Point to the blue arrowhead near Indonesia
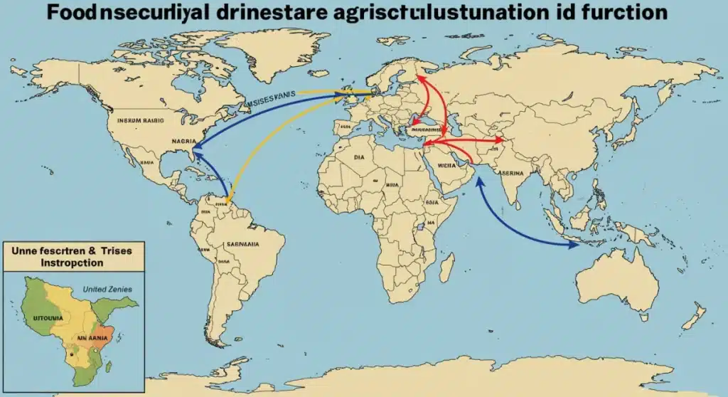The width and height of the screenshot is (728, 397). (574, 245)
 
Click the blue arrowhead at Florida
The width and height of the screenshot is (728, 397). (195, 147)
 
